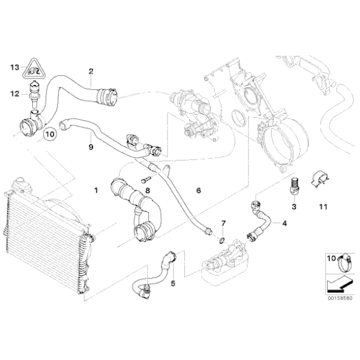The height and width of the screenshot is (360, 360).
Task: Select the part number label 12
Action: [x=14, y=94]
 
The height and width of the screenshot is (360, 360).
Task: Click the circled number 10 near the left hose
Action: [x=50, y=133]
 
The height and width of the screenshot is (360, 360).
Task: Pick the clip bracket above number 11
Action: [x=322, y=179]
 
